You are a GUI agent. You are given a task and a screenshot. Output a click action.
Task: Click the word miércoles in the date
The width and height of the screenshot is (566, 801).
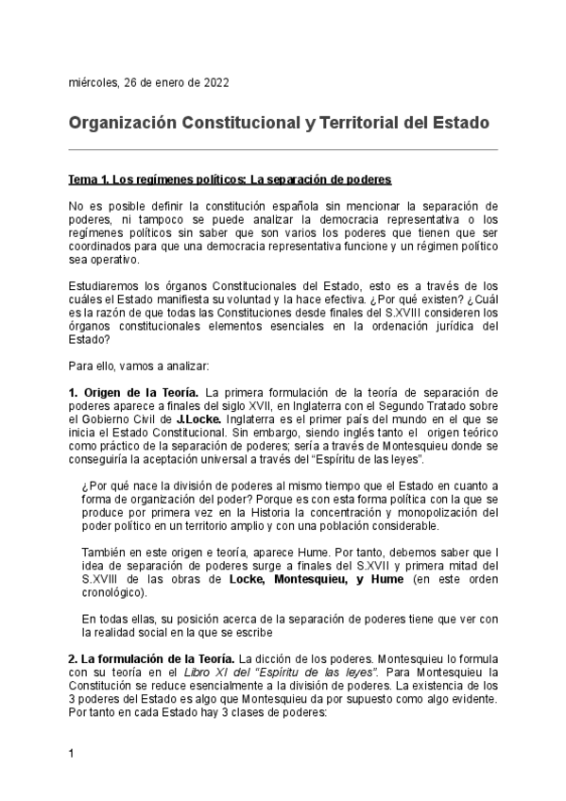93,82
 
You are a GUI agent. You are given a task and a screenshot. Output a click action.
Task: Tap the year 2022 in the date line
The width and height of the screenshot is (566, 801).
213,82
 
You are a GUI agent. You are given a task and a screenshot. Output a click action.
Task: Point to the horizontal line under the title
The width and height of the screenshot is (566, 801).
283,148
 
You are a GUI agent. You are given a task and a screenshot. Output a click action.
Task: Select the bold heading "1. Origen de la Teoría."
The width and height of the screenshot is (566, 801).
133,392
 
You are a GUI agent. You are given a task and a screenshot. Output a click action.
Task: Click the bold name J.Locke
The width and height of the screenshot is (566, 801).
199,418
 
